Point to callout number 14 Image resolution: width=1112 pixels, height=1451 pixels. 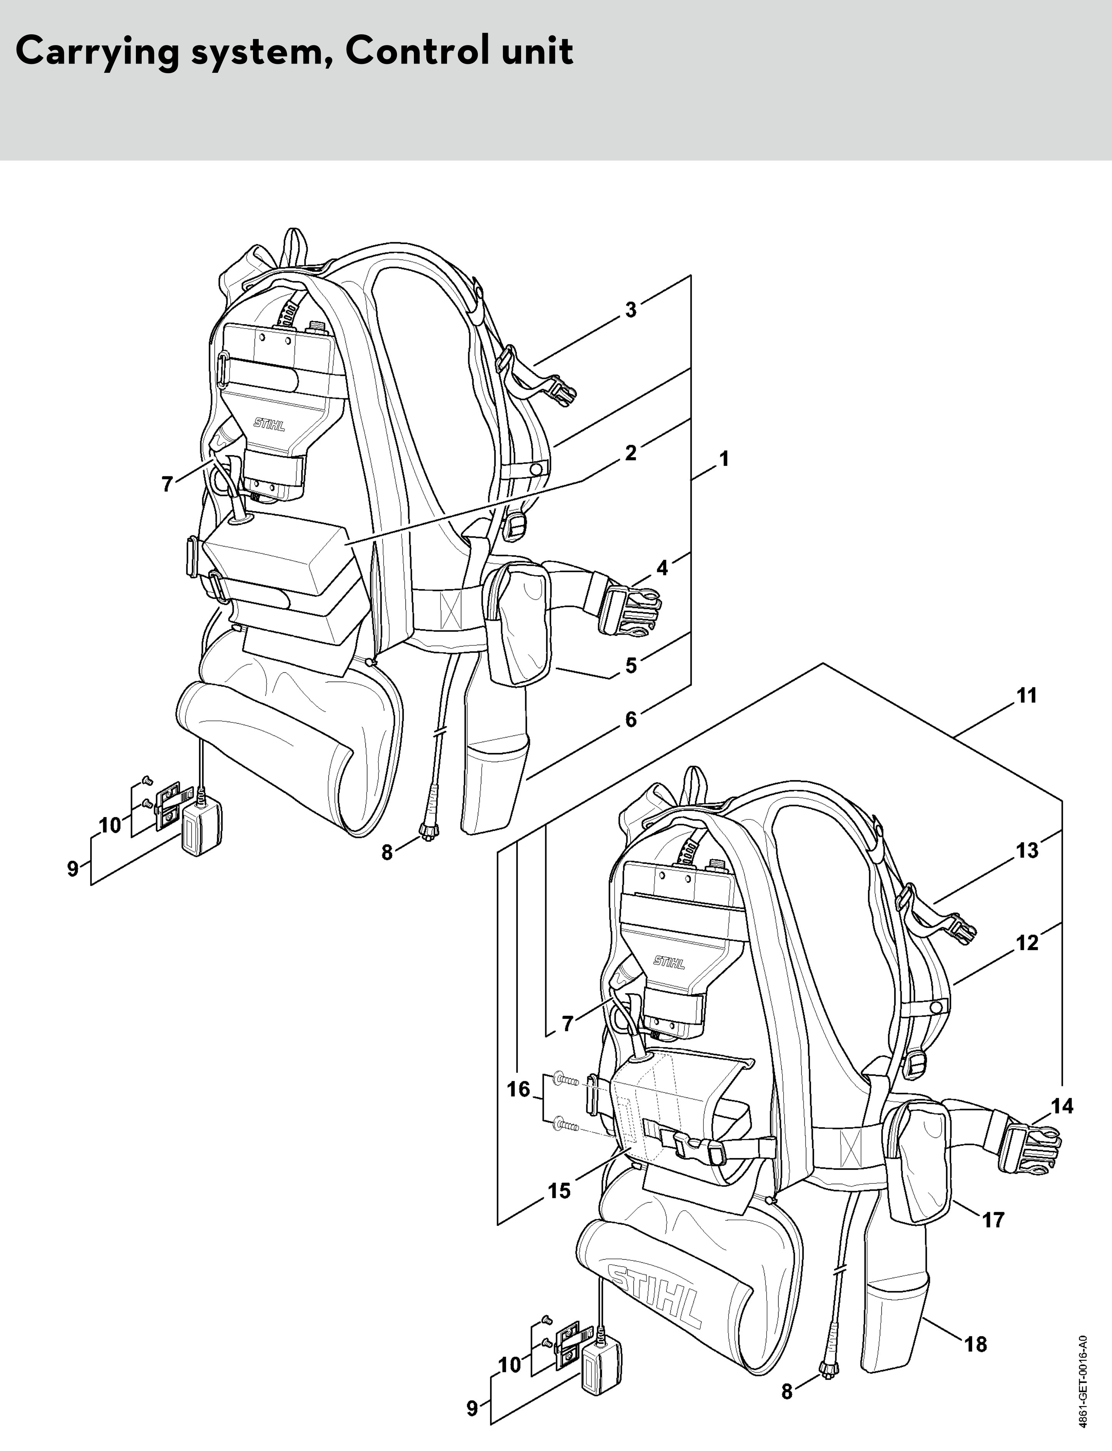pos(1062,1106)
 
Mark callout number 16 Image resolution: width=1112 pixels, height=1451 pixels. pos(518,1089)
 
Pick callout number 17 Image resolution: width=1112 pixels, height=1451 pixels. pos(993,1219)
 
